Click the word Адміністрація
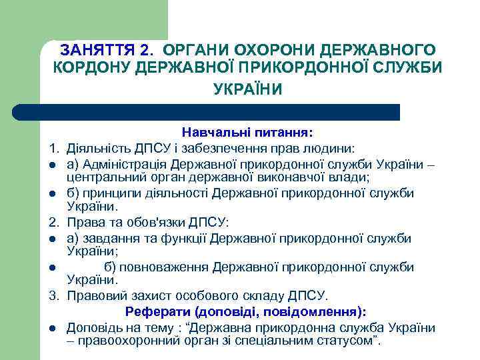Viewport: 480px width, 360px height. (x=123, y=164)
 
